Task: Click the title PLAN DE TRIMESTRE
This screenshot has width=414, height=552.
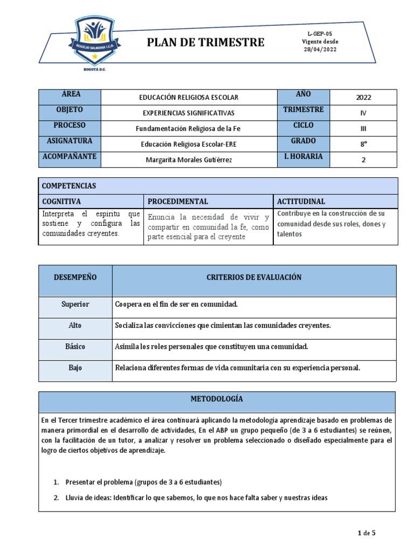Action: pos(206,42)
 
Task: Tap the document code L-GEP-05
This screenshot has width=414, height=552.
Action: pos(320,33)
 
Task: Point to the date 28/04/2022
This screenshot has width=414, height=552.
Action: pos(320,49)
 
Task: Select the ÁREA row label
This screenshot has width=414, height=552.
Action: pos(70,94)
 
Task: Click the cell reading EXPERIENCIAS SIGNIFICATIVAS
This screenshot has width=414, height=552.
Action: pos(189,113)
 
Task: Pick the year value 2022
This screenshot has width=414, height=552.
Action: pos(363,98)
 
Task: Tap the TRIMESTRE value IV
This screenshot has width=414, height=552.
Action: pos(363,113)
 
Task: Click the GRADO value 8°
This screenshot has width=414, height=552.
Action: pos(363,144)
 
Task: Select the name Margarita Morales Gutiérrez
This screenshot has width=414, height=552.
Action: pos(189,160)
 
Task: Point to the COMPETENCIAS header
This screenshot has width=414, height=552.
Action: pos(69,186)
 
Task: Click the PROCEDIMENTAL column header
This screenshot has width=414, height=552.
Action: pos(178,202)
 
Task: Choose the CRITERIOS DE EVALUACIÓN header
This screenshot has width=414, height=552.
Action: pos(254,278)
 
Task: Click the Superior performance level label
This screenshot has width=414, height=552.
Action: pos(75,305)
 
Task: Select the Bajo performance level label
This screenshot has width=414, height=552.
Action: pos(75,367)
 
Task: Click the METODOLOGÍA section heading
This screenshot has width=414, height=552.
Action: pos(217,399)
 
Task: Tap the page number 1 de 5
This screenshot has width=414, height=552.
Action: pos(367,533)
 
